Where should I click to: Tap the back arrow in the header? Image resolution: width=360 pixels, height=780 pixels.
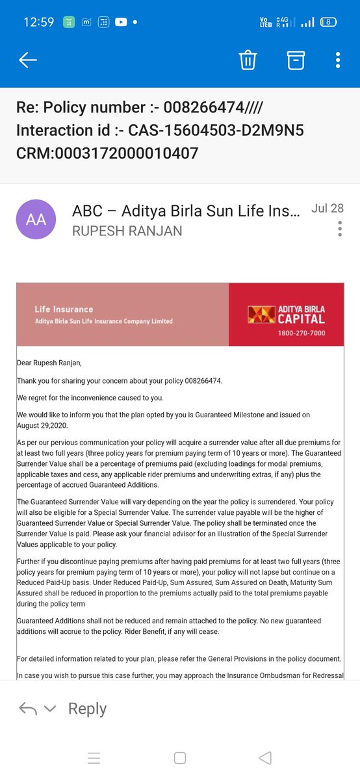click(28, 60)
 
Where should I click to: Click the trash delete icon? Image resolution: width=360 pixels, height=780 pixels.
click(248, 60)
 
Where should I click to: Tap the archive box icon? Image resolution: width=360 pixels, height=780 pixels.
click(296, 60)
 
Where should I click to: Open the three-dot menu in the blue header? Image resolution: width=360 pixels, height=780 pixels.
click(338, 60)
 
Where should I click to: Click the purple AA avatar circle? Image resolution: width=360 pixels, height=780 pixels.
click(36, 220)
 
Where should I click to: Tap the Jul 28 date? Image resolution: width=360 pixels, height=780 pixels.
click(328, 209)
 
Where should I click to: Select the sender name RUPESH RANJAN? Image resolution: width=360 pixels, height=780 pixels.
click(127, 231)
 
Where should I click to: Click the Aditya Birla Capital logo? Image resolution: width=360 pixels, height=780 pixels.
click(286, 315)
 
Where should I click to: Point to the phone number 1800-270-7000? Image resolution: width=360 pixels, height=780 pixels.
click(301, 333)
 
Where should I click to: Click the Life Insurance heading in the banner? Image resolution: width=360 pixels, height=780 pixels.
click(64, 309)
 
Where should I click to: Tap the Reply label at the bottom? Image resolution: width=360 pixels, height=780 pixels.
click(87, 708)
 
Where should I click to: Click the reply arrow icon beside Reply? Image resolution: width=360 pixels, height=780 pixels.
click(27, 708)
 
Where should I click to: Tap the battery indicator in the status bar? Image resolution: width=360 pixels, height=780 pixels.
click(329, 21)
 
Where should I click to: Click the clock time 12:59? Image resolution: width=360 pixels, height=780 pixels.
click(39, 21)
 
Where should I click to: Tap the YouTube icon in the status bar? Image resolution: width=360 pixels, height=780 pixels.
click(121, 21)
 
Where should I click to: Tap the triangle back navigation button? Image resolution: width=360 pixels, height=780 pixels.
click(264, 758)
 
